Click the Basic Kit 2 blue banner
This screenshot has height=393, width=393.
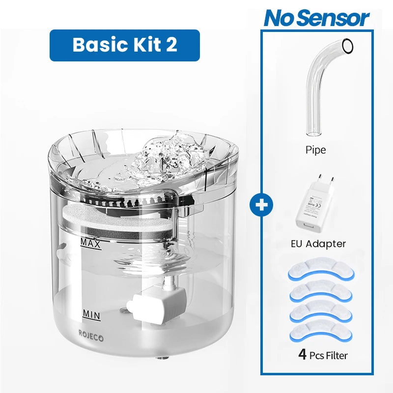[125, 45]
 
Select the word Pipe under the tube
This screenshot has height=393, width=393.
[315, 150]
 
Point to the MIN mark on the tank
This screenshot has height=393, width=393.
[91, 313]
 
